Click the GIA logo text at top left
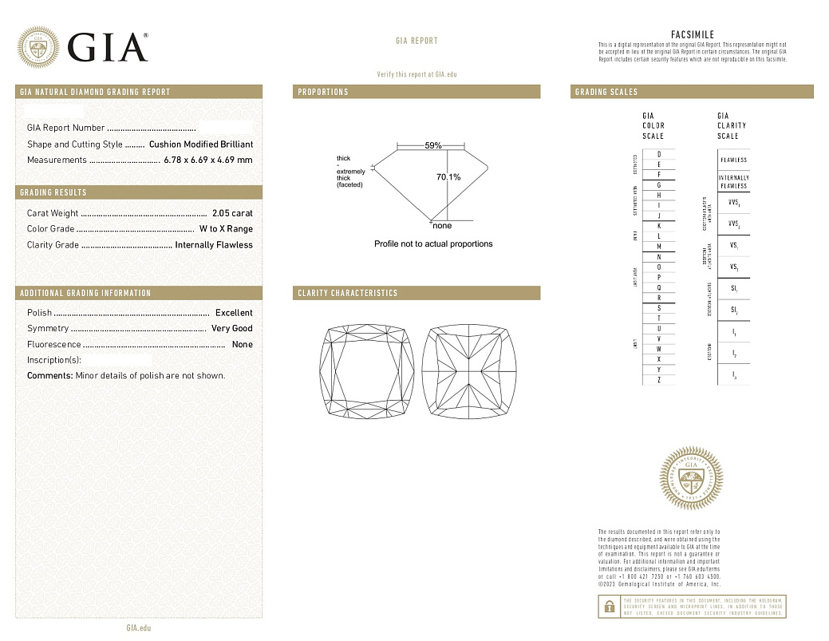point(108,47)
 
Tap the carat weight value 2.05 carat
point(232,213)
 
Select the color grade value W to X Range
point(226,229)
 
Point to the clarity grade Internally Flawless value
point(214,245)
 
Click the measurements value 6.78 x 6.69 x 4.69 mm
point(208,160)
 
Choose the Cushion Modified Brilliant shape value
point(201,144)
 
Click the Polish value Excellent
point(234,313)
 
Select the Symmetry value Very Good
point(231,329)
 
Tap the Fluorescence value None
point(242,345)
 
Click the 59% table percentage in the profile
point(432,146)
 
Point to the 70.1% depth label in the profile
point(448,177)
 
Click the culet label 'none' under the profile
point(441,226)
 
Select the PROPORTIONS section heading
point(323,93)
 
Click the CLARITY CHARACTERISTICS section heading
point(347,293)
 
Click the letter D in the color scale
point(658,154)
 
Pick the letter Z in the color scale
point(658,380)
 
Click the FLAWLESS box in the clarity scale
point(733,160)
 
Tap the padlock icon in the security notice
point(608,607)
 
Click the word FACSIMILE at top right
point(693,35)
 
